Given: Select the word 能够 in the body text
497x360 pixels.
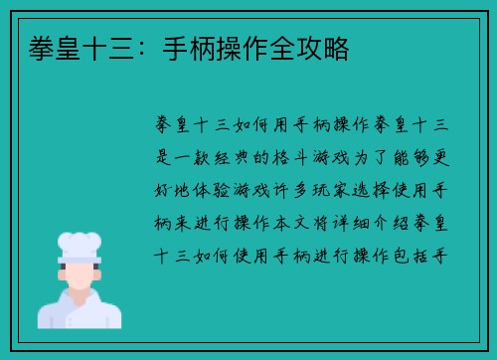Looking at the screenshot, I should coord(425,157).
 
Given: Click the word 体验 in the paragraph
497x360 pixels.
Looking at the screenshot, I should coord(218,189).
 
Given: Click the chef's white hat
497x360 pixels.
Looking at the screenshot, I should coord(80,245).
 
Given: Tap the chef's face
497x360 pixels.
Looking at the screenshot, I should coord(81,273).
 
